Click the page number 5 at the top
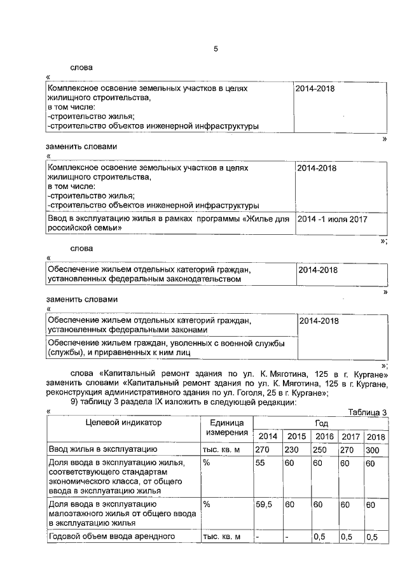[216, 48]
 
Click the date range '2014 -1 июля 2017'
[333, 219]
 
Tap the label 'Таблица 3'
[368, 412]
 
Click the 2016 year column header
[324, 437]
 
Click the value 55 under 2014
[261, 463]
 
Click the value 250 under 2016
[323, 450]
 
